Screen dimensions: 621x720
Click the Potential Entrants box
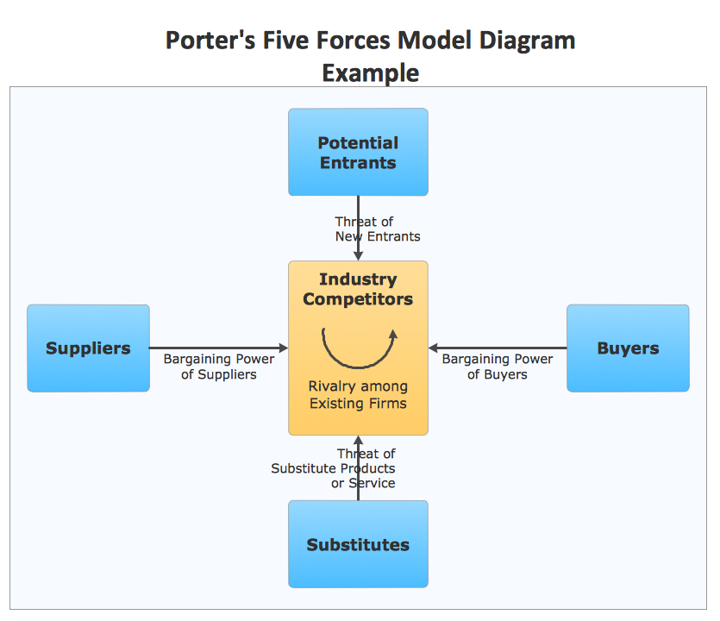pyautogui.click(x=358, y=153)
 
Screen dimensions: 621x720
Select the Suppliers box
pyautogui.click(x=88, y=348)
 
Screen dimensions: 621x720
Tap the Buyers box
pyautogui.click(x=628, y=348)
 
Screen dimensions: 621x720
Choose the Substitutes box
pyautogui.click(x=358, y=544)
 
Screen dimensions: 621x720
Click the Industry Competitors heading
pyautogui.click(x=358, y=289)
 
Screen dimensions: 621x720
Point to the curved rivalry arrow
pyautogui.click(x=358, y=347)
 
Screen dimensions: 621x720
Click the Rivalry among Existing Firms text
pyautogui.click(x=358, y=395)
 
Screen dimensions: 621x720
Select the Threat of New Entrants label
pyautogui.click(x=378, y=229)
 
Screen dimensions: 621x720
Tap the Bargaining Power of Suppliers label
pyautogui.click(x=219, y=367)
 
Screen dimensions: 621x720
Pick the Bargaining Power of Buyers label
pyautogui.click(x=498, y=367)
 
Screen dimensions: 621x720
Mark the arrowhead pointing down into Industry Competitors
pyautogui.click(x=358, y=255)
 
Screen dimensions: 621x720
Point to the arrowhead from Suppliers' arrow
pyautogui.click(x=283, y=348)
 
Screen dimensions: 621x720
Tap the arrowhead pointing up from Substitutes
pyautogui.click(x=358, y=441)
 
